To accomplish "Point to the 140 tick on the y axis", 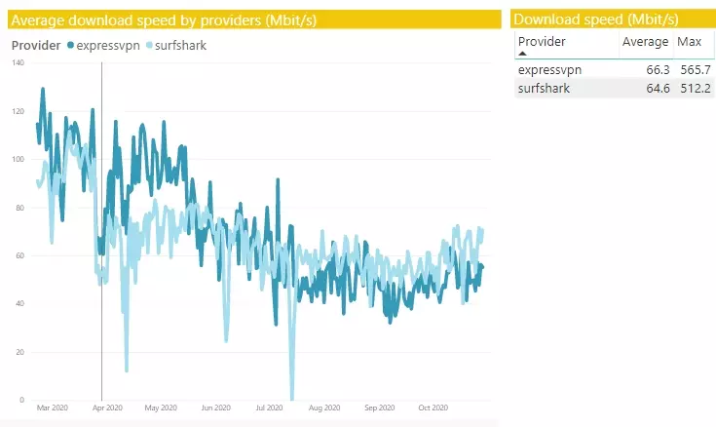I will [19, 62].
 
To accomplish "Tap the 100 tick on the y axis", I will [19, 159].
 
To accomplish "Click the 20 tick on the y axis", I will [20, 352].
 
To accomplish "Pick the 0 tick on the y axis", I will [22, 400].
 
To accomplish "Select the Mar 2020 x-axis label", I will [52, 408].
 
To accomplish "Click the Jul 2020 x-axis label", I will [269, 408].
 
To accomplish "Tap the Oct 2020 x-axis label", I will [433, 408].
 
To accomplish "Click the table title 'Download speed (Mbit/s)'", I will [595, 19].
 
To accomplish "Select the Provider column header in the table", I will [543, 42].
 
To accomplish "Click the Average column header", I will [646, 42].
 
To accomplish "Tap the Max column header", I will [689, 42].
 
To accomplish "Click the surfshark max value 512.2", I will [696, 89].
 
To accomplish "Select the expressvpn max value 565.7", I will [696, 70].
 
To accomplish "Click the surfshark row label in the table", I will [544, 89].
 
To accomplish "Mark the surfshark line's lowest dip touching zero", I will [291, 398].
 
